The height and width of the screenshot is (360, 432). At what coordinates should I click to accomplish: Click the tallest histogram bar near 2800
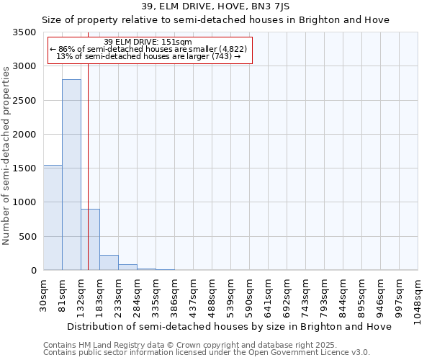[x=71, y=175]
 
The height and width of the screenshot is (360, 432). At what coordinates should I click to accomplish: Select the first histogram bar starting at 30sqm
[x=53, y=217]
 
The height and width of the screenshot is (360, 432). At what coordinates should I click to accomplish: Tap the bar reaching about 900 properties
[x=90, y=240]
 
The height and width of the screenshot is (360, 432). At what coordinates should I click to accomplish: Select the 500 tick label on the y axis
[x=27, y=237]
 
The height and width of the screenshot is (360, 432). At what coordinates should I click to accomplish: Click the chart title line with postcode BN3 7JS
[x=216, y=6]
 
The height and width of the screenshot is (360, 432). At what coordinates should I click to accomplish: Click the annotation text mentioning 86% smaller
[x=149, y=49]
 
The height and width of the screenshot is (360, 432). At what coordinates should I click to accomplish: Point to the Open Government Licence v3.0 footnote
[x=207, y=353]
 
